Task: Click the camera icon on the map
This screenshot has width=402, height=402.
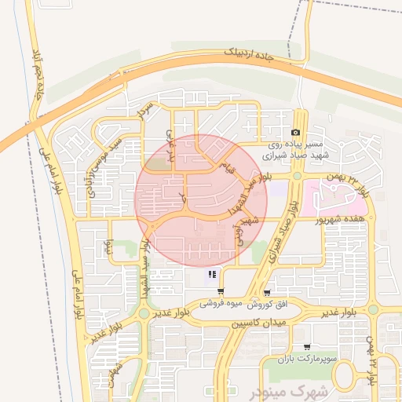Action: tap(296, 133)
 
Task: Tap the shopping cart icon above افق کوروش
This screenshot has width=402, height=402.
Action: tap(269, 291)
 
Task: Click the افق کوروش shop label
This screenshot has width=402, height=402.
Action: tap(271, 303)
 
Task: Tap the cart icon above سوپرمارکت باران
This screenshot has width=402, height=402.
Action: tap(306, 346)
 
